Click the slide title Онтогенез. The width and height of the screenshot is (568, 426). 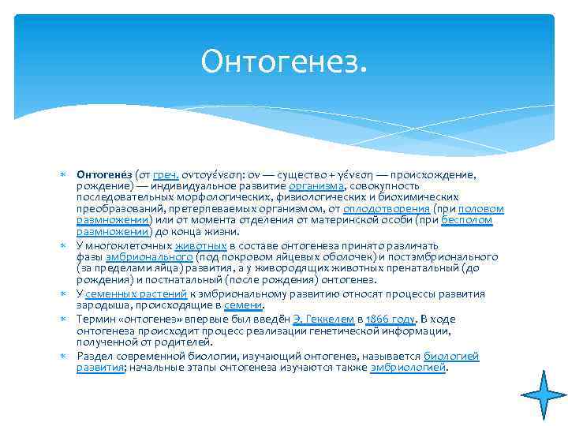(284, 62)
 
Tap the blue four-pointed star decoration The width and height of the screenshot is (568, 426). (543, 394)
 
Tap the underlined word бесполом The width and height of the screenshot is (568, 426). (467, 221)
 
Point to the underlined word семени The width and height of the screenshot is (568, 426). (243, 305)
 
